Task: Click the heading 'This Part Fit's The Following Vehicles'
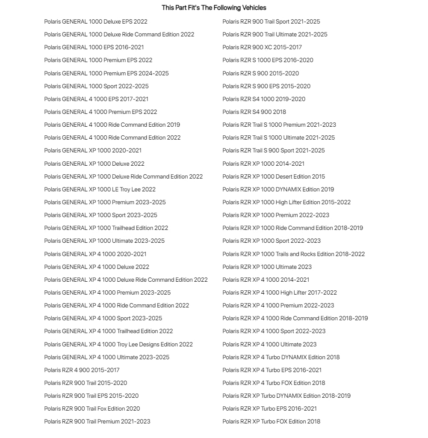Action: pyautogui.click(x=214, y=8)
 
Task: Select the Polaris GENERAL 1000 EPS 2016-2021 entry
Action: pyautogui.click(x=94, y=47)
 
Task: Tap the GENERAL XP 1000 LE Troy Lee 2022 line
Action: pyautogui.click(x=100, y=189)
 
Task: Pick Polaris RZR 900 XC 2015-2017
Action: pyautogui.click(x=262, y=47)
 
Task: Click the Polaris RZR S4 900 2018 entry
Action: pyautogui.click(x=254, y=112)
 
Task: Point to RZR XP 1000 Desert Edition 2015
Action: pyautogui.click(x=274, y=176)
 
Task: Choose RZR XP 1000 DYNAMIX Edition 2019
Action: pyautogui.click(x=278, y=189)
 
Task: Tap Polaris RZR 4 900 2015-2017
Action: pyautogui.click(x=82, y=370)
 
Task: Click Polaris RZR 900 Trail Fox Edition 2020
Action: pyautogui.click(x=92, y=408)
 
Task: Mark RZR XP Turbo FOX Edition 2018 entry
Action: pyautogui.click(x=271, y=421)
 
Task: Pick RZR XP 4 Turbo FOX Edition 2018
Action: pyautogui.click(x=274, y=383)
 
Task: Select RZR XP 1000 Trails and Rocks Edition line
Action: pyautogui.click(x=293, y=254)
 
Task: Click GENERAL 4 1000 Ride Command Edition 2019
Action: pyautogui.click(x=112, y=125)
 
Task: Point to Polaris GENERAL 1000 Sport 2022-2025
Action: pyautogui.click(x=96, y=86)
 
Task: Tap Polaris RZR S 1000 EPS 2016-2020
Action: pyautogui.click(x=268, y=60)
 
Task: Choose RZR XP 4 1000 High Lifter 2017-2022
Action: pyautogui.click(x=280, y=292)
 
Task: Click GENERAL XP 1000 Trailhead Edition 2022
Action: pyautogui.click(x=106, y=228)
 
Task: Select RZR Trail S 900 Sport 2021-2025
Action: pyautogui.click(x=273, y=150)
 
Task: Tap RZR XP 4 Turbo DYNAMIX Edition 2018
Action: pyautogui.click(x=281, y=357)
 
